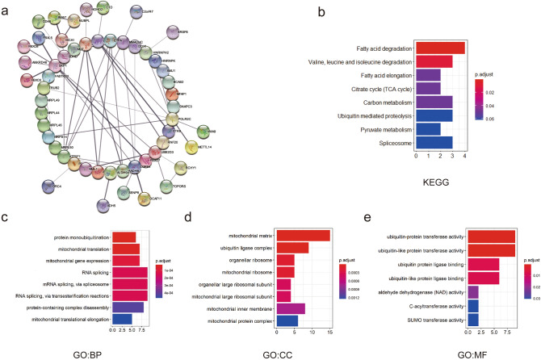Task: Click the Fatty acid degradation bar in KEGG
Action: pos(439,48)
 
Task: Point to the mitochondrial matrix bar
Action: pos(303,236)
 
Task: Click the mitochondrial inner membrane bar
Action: pos(291,308)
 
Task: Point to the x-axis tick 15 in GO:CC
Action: pos(329,332)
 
